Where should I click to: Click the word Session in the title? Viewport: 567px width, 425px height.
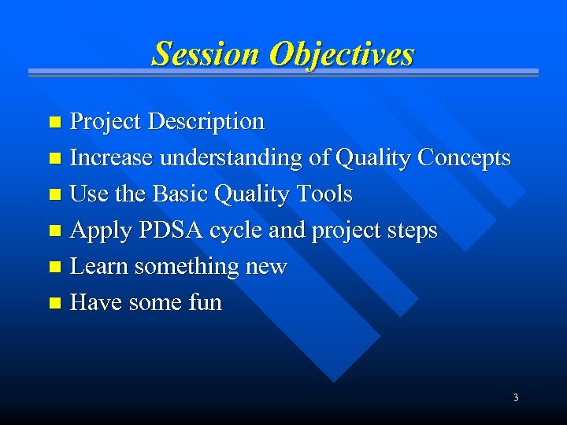pyautogui.click(x=206, y=54)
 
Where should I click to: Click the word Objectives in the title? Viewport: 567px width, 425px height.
pyautogui.click(x=341, y=54)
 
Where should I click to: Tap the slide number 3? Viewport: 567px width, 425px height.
pyautogui.click(x=516, y=397)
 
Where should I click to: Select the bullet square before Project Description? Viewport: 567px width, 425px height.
pyautogui.click(x=54, y=123)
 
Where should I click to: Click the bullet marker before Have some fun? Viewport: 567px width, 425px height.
pyautogui.click(x=54, y=304)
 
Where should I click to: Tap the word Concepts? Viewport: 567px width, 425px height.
pyautogui.click(x=464, y=158)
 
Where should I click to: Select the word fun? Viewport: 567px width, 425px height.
pyautogui.click(x=204, y=303)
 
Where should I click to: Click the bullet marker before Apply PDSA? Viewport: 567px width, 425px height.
pyautogui.click(x=54, y=231)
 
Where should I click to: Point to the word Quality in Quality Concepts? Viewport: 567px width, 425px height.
pyautogui.click(x=374, y=158)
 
